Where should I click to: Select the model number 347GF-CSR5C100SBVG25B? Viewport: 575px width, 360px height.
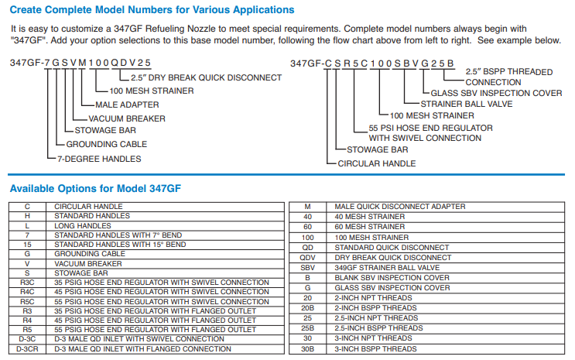(372, 63)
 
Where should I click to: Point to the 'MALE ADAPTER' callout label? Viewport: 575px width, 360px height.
(127, 105)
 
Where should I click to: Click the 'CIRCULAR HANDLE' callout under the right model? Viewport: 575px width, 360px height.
(376, 163)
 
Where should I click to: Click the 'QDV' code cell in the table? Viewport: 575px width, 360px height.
(307, 258)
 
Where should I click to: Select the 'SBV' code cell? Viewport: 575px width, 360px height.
(307, 268)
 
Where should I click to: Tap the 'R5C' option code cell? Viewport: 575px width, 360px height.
(27, 302)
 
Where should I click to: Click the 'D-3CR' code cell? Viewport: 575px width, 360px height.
(27, 349)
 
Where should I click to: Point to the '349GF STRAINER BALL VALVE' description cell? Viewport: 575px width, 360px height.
(378, 268)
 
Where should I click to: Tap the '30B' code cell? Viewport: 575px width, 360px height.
(307, 349)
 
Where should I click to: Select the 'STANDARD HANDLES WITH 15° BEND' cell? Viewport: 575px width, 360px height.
(120, 245)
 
